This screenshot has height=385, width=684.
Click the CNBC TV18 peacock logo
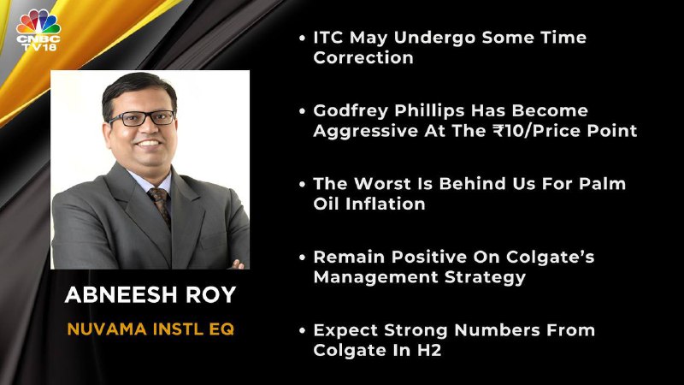38,30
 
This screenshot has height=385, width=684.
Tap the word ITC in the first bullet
328,38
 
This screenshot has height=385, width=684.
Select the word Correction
363,57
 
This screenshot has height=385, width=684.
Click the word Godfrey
351,112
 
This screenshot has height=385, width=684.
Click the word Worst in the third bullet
382,184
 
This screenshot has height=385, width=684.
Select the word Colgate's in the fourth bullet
550,258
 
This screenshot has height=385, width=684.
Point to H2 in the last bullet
428,350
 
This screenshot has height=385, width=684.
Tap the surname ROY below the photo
210,294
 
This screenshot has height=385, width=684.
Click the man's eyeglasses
141,118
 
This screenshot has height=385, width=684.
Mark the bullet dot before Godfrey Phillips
303,111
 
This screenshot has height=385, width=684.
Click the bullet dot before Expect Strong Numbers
303,330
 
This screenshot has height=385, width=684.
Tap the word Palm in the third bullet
602,184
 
